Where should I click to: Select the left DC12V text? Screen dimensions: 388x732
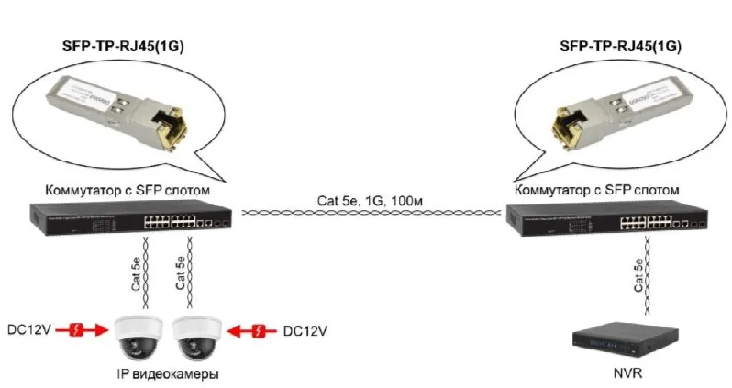coord(29,328)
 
